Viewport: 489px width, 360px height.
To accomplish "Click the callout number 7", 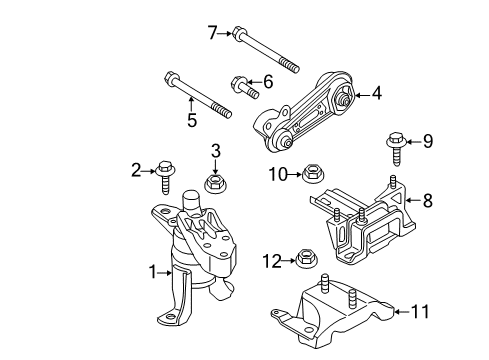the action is click(213, 33).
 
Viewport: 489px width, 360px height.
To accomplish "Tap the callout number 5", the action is click(192, 120).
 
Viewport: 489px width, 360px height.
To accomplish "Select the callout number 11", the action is click(420, 312).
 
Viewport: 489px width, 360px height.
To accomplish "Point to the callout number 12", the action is click(272, 261).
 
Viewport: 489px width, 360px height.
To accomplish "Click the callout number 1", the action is click(153, 272).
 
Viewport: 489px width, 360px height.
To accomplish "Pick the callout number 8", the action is click(428, 200).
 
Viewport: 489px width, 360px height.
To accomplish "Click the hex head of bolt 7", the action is click(239, 32).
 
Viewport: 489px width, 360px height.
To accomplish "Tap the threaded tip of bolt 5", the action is click(223, 111).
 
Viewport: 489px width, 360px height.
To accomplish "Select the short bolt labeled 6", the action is click(245, 87).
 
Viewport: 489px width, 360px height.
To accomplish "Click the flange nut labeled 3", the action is click(215, 183).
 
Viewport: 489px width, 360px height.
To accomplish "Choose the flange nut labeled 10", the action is click(313, 173).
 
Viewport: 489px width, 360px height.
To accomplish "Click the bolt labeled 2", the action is click(165, 176).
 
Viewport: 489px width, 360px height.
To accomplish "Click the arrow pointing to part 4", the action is click(362, 95).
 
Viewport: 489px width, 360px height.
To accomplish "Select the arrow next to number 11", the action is click(402, 312).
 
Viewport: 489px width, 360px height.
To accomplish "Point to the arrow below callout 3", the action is click(215, 166).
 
